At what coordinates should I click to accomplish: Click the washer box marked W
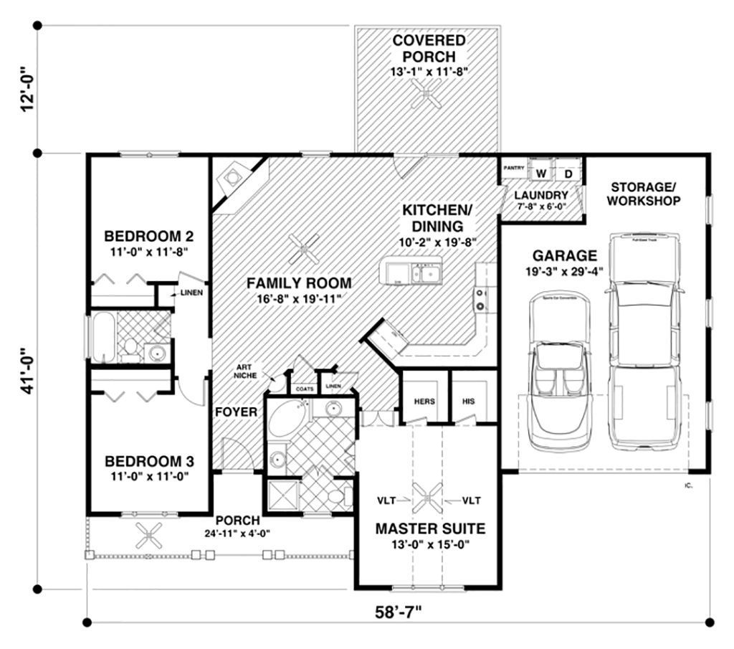[x=541, y=174]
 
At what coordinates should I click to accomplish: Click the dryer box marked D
[x=568, y=174]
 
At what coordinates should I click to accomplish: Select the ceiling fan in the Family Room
[x=306, y=250]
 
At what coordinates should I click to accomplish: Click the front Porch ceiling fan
[x=151, y=534]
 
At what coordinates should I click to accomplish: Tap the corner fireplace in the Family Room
[x=234, y=178]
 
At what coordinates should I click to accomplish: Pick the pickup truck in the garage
[x=643, y=337]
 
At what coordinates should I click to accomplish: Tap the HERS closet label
[x=423, y=401]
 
